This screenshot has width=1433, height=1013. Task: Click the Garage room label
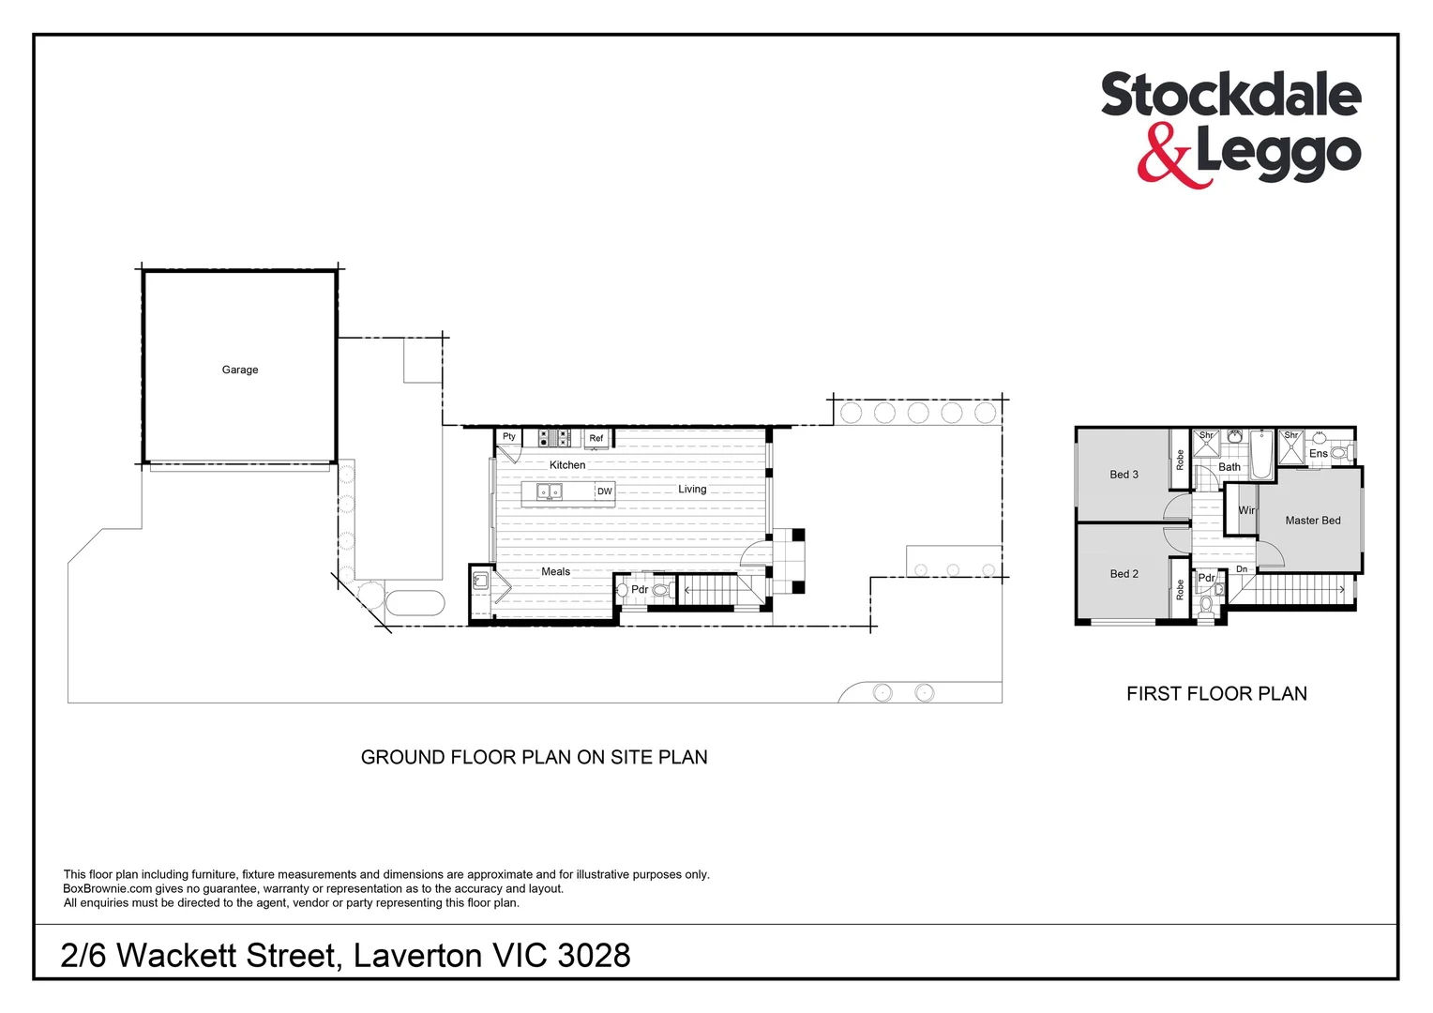tap(239, 370)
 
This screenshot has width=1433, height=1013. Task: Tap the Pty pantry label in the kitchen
tap(508, 437)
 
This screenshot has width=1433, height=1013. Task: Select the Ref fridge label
tap(596, 438)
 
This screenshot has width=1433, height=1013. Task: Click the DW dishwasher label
tap(604, 491)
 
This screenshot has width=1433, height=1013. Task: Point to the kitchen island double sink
tap(549, 491)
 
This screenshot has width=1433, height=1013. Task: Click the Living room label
tap(692, 490)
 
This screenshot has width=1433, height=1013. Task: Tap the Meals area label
tap(555, 571)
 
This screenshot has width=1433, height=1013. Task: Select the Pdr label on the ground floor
tap(640, 590)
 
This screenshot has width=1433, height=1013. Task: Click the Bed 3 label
tap(1124, 475)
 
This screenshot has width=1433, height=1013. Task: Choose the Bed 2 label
tap(1124, 574)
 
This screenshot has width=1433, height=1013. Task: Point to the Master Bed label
tap(1312, 521)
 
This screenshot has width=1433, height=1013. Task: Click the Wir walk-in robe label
tap(1246, 510)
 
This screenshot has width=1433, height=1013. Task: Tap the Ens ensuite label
tap(1318, 454)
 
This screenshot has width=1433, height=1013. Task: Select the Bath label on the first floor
tap(1229, 467)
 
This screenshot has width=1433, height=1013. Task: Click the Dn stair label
tap(1241, 569)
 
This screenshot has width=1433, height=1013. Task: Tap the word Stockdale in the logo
tap(1229, 97)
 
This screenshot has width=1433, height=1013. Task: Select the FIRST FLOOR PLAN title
tap(1216, 694)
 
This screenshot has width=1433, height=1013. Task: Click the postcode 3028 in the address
tap(594, 956)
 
